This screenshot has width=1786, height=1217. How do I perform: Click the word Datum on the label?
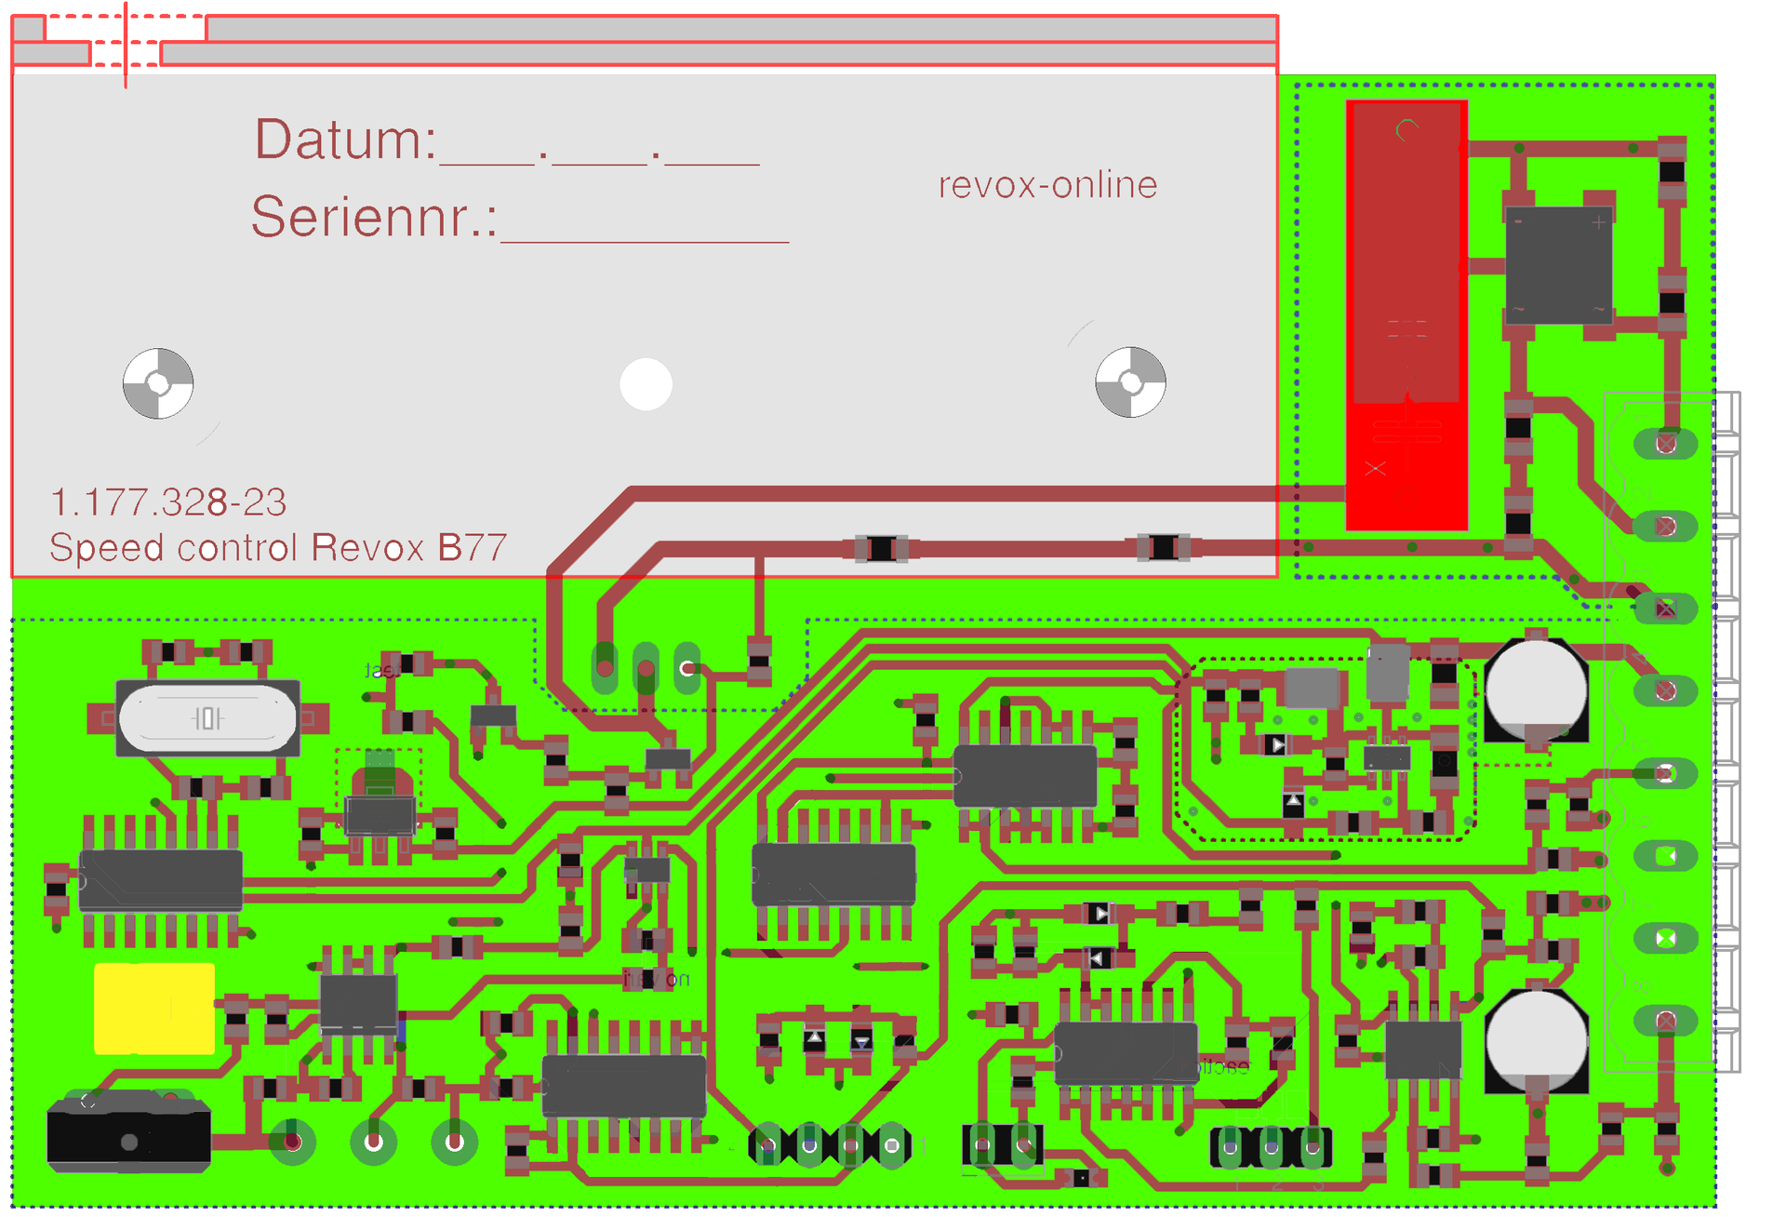point(345,140)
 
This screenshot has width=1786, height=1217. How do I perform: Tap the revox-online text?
point(1047,185)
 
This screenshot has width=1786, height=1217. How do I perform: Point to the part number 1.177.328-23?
point(168,502)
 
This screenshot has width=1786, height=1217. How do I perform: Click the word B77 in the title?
point(473,547)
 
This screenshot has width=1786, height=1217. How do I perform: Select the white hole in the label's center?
point(646,384)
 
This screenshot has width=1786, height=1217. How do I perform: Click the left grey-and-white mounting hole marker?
point(158,383)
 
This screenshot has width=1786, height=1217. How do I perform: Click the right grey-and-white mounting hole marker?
point(1130,382)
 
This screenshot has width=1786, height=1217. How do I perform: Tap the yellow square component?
point(154,1009)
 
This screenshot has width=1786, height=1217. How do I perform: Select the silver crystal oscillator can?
point(207,718)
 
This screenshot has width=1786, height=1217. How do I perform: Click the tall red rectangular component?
point(1406,314)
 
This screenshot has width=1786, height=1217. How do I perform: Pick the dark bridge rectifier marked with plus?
point(1558,265)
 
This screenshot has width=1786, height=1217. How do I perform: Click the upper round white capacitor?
point(1536,689)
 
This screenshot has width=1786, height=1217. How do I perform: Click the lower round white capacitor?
point(1536,1040)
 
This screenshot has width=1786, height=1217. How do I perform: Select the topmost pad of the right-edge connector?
point(1665,444)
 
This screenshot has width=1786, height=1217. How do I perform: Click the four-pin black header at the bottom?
point(830,1145)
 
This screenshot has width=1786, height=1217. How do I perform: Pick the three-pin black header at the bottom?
point(1271,1147)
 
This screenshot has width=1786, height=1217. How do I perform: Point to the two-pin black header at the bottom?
point(1002,1144)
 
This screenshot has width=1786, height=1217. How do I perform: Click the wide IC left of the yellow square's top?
point(161,879)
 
